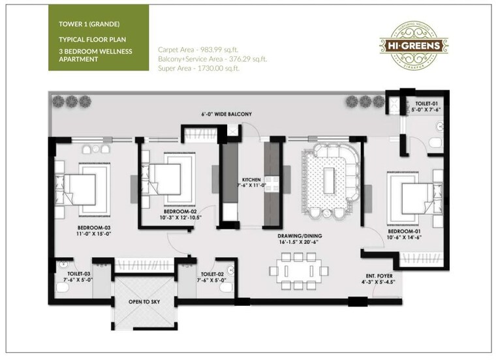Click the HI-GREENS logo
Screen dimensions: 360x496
tap(414, 44)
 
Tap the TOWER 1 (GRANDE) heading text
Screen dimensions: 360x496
tap(89, 24)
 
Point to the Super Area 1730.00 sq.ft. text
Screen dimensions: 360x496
tap(198, 68)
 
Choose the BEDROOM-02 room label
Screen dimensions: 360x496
tap(179, 212)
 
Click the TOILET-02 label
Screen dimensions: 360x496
tap(213, 274)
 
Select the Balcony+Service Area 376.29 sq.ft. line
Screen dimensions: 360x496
tap(212, 59)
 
